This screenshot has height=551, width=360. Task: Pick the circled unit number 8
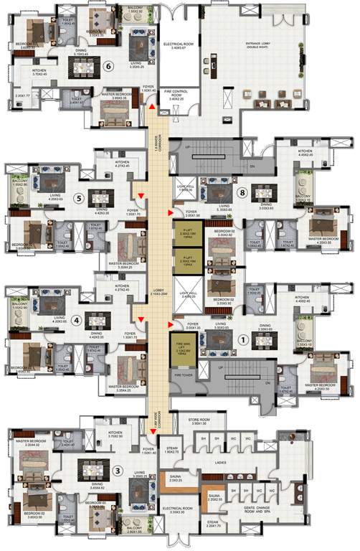(243, 192)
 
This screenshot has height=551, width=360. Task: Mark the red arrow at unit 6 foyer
(151, 106)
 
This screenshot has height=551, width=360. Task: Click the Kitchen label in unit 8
(305, 152)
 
